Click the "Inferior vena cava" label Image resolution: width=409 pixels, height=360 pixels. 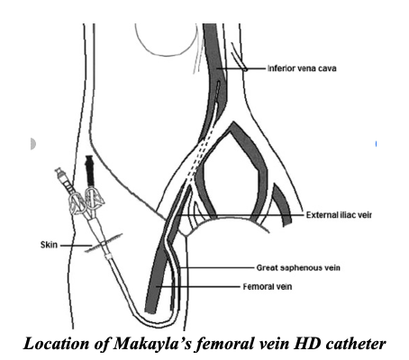click(x=302, y=68)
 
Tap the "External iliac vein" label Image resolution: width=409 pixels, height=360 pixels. click(x=339, y=215)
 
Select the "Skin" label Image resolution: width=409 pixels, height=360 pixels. click(x=49, y=245)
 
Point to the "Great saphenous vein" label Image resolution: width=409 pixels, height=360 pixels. click(x=298, y=267)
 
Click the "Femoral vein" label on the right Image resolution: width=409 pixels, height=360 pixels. click(x=268, y=287)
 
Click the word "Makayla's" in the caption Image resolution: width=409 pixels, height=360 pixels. click(x=152, y=344)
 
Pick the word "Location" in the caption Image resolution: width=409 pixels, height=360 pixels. click(x=56, y=344)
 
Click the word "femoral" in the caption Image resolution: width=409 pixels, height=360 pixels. click(x=223, y=344)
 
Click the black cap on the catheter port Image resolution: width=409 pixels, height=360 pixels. click(x=90, y=171)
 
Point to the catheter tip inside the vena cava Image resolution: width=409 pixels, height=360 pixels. click(x=218, y=85)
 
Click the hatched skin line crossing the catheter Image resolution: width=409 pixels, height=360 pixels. click(x=104, y=243)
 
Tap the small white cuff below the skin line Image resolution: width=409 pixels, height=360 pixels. click(x=108, y=256)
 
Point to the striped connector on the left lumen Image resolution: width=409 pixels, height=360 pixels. click(x=66, y=182)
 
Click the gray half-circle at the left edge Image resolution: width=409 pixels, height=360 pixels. click(x=33, y=144)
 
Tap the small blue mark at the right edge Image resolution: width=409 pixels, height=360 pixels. click(x=376, y=144)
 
